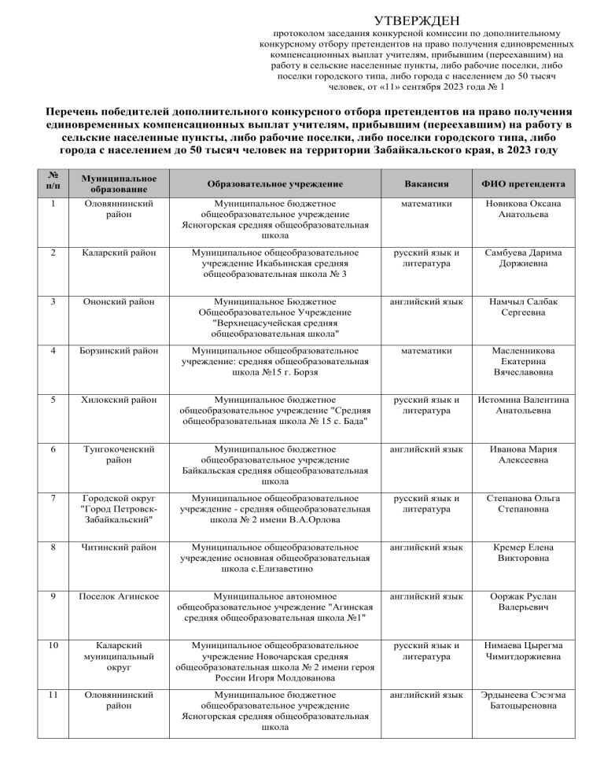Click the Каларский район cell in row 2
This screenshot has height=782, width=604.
[x=109, y=253]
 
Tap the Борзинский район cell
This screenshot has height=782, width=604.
[x=112, y=353]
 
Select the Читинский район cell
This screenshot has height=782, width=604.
[x=109, y=546]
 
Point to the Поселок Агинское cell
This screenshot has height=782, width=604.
[x=111, y=594]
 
